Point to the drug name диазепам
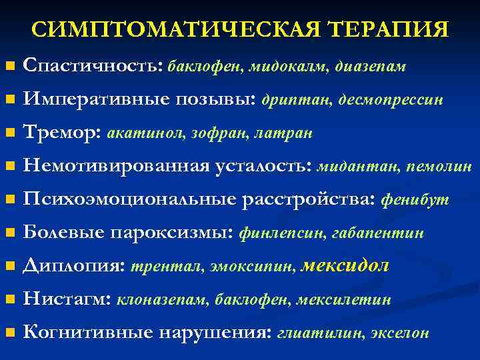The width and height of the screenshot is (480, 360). point(371,67)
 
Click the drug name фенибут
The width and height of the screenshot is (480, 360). point(414,200)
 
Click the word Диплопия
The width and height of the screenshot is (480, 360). point(73,267)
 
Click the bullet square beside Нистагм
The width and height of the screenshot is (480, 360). point(9,301)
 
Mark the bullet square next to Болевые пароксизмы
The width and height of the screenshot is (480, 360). point(9,234)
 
